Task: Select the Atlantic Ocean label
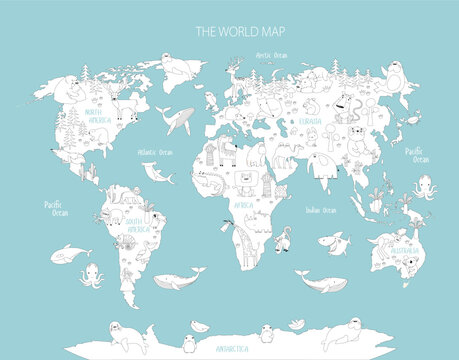coord(155,153)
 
